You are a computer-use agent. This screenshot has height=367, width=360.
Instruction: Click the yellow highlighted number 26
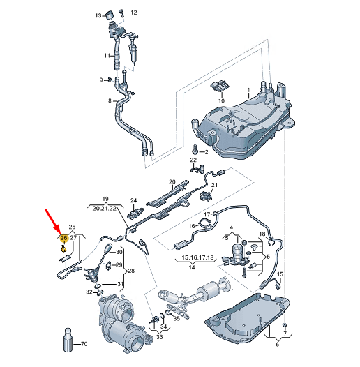coord(63,238)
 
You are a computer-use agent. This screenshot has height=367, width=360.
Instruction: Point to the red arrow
coord(53,222)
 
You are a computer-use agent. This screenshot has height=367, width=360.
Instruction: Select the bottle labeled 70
coord(68,340)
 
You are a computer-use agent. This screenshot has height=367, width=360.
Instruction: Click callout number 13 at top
coord(98,15)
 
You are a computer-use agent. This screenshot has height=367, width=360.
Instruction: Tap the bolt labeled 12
coord(121,12)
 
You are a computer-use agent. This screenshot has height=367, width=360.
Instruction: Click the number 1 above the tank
coord(249,90)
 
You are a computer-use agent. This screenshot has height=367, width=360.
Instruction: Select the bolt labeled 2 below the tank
coord(195,149)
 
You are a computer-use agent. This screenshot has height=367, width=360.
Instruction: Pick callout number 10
coord(221,100)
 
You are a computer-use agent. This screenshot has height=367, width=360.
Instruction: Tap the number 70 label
coord(84,344)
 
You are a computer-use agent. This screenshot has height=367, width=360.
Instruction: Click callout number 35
coord(177,318)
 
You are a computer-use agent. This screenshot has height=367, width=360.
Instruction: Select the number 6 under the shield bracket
coord(278,344)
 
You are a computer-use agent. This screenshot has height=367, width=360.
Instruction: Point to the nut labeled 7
coord(285,325)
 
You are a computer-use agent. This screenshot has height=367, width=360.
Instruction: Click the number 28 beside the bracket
coord(131,271)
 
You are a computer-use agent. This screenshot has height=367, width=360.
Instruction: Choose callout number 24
coord(133,200)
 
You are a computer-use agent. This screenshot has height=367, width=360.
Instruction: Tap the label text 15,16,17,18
coord(197,257)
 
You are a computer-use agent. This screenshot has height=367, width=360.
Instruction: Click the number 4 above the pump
coord(232,227)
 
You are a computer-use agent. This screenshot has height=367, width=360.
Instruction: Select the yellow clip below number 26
coord(63,248)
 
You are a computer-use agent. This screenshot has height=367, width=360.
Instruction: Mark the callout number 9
coord(101,80)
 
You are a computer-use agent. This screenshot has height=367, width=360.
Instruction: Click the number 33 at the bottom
coord(159,337)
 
